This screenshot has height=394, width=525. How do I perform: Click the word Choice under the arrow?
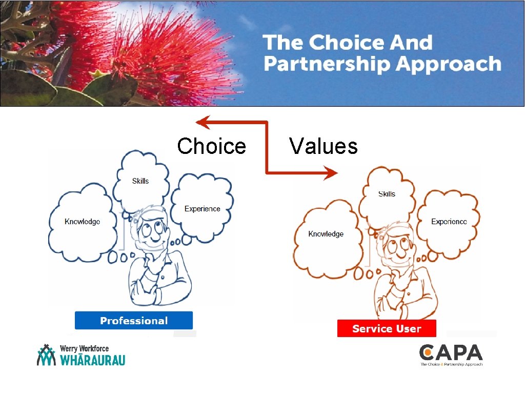(211, 146)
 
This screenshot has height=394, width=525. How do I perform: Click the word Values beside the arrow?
(323, 146)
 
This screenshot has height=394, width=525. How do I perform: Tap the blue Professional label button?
(134, 321)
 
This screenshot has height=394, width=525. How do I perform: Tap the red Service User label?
(387, 329)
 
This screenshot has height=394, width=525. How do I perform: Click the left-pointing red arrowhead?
(203, 122)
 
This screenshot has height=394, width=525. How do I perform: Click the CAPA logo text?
(451, 353)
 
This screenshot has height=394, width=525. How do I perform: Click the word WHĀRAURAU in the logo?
(92, 360)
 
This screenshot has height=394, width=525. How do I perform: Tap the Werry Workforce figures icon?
(46, 355)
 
